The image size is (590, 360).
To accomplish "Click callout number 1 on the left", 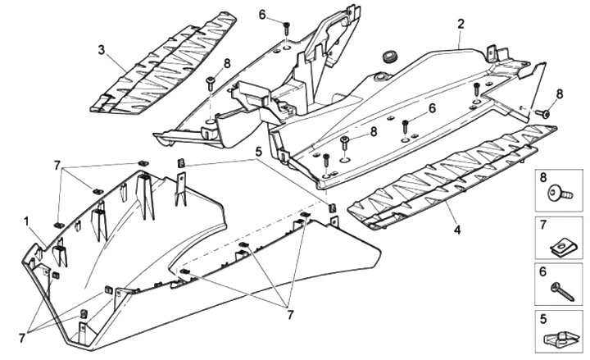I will click(26, 221).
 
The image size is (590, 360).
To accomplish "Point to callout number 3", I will click(101, 50).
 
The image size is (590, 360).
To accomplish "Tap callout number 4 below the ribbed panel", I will click(456, 230).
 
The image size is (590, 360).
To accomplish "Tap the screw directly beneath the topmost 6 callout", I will click(287, 29).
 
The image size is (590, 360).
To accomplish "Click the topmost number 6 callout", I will click(262, 15).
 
